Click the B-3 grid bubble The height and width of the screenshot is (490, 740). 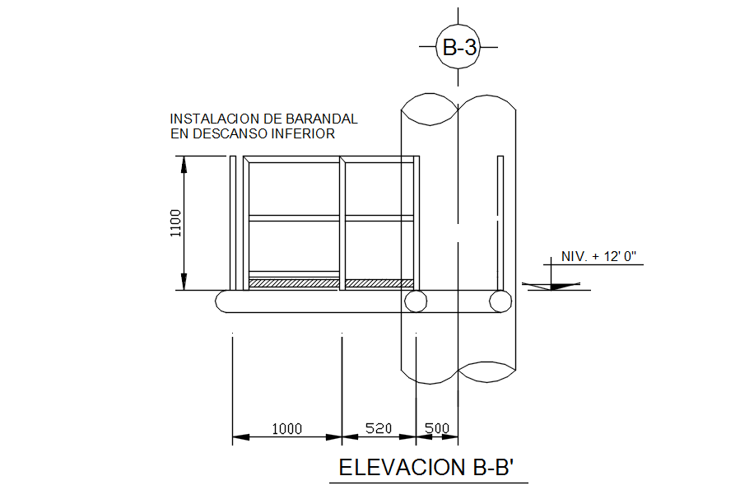pyautogui.click(x=458, y=47)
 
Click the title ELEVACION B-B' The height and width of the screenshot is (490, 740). pyautogui.click(x=426, y=467)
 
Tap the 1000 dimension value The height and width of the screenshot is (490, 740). pyautogui.click(x=287, y=428)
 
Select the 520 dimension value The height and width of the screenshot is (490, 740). pyautogui.click(x=379, y=428)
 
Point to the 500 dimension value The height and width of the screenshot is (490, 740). pyautogui.click(x=437, y=428)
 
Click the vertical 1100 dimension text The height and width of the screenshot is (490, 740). pyautogui.click(x=175, y=223)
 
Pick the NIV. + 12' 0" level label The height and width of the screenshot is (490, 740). pyautogui.click(x=598, y=256)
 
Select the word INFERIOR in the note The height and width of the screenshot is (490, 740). pyautogui.click(x=303, y=133)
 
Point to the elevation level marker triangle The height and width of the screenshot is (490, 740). pyautogui.click(x=552, y=286)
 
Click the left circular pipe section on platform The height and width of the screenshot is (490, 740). pyautogui.click(x=416, y=301)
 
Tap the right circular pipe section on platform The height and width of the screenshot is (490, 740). pyautogui.click(x=500, y=301)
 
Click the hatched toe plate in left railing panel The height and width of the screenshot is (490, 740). pyautogui.click(x=294, y=283)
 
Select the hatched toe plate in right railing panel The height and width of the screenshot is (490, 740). pyautogui.click(x=379, y=283)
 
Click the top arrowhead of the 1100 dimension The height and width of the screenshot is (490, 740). pyautogui.click(x=184, y=164)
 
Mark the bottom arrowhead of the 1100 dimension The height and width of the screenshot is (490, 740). pyautogui.click(x=184, y=282)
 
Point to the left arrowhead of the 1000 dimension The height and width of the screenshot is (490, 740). pyautogui.click(x=240, y=437)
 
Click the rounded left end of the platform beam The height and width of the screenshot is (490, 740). pyautogui.click(x=221, y=301)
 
